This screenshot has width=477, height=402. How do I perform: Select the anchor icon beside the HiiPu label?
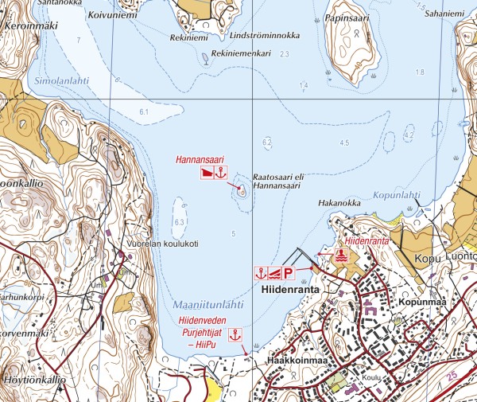[x=235, y=335]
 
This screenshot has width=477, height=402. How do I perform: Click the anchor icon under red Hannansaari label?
[x=222, y=172]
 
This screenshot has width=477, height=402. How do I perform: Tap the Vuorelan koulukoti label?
[x=162, y=244]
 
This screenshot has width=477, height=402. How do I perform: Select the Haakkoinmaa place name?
[x=298, y=361]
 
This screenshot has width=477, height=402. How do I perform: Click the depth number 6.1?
[x=143, y=113]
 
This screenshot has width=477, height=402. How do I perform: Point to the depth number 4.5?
[x=344, y=142]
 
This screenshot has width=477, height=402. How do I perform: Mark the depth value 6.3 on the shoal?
[x=179, y=221]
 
